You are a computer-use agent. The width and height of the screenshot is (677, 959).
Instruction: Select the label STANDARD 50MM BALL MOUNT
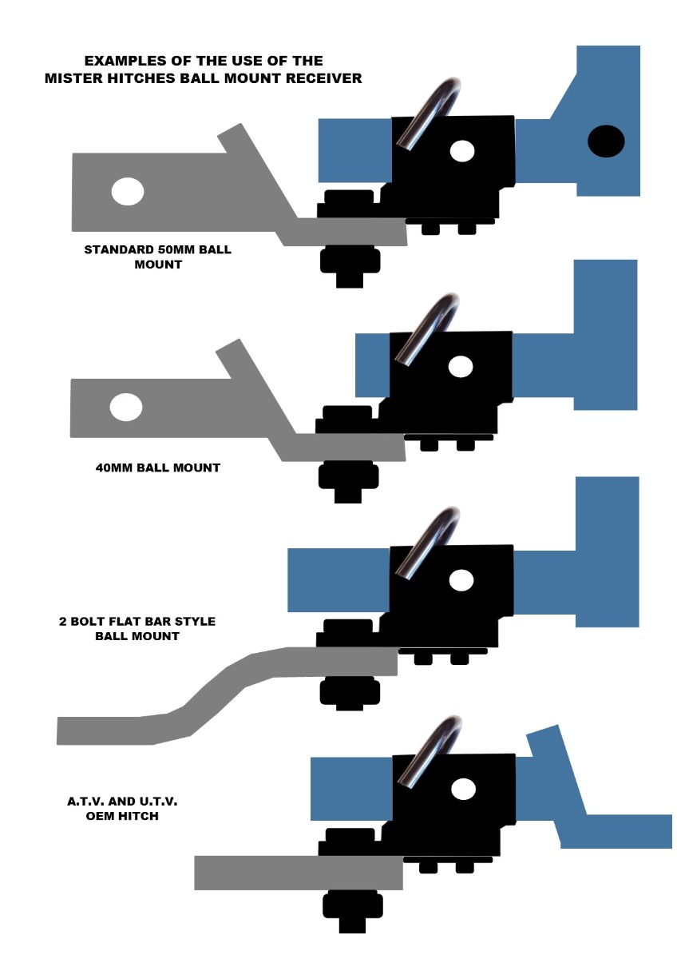tap(157, 257)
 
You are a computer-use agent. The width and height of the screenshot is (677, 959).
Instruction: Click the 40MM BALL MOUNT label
tap(157, 468)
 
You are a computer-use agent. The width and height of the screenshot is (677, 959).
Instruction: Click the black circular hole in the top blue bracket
tap(606, 141)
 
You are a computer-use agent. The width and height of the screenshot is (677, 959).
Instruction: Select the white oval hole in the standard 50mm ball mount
tap(128, 192)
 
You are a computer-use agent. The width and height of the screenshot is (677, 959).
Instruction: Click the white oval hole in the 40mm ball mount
tap(126, 407)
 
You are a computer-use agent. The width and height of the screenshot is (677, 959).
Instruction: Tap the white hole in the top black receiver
tap(461, 150)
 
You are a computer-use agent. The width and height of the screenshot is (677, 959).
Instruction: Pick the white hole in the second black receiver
tap(460, 367)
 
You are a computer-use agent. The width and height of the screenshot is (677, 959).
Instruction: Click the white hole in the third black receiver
tap(460, 580)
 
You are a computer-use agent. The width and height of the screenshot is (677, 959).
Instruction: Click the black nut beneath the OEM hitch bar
tap(352, 907)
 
